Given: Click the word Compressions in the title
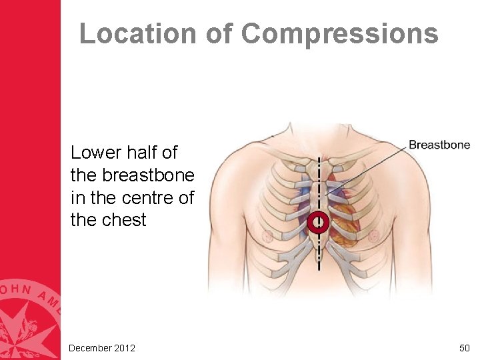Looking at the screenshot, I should tap(340, 33).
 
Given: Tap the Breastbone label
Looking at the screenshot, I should tap(439, 145).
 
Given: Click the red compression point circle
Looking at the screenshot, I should tap(319, 222).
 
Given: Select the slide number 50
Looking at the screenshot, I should tap(464, 348).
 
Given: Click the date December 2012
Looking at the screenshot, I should tap(102, 348).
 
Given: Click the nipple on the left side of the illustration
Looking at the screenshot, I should tap(267, 235).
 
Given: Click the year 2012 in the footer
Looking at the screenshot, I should tap(125, 348).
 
